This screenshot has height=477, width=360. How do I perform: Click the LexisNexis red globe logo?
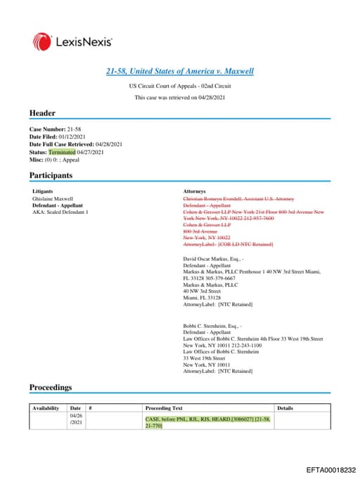41,42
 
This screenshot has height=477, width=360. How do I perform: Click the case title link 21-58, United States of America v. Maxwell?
179,71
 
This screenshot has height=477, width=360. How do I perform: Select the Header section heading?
41,113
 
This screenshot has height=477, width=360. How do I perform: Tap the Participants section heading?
50,175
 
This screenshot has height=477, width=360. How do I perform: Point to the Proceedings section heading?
50,387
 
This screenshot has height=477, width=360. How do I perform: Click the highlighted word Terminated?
61,151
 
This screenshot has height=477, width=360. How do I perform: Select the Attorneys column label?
194,191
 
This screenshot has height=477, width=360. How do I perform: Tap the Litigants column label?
43,191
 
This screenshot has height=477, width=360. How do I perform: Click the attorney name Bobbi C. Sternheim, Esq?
212,326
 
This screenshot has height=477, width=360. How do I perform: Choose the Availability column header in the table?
46,408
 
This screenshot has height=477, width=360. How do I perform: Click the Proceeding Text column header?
164,408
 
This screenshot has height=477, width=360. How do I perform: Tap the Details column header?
285,408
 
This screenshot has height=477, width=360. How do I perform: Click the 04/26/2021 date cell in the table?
76,420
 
